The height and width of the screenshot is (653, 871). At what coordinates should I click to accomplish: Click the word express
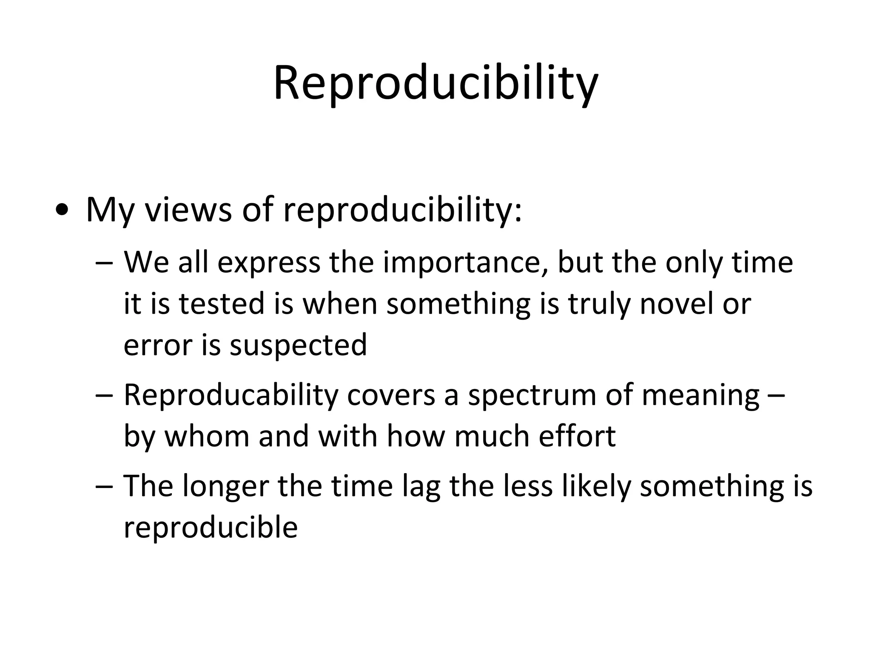point(268,263)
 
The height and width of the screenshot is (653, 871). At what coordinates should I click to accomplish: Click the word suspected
point(298,344)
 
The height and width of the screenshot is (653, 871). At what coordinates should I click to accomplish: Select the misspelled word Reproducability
point(231,395)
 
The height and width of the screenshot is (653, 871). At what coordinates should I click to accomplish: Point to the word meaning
point(700,395)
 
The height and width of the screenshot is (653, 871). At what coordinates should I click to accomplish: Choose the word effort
point(577,436)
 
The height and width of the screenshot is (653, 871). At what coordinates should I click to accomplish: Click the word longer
point(226,486)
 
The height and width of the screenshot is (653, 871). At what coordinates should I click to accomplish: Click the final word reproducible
point(211,528)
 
